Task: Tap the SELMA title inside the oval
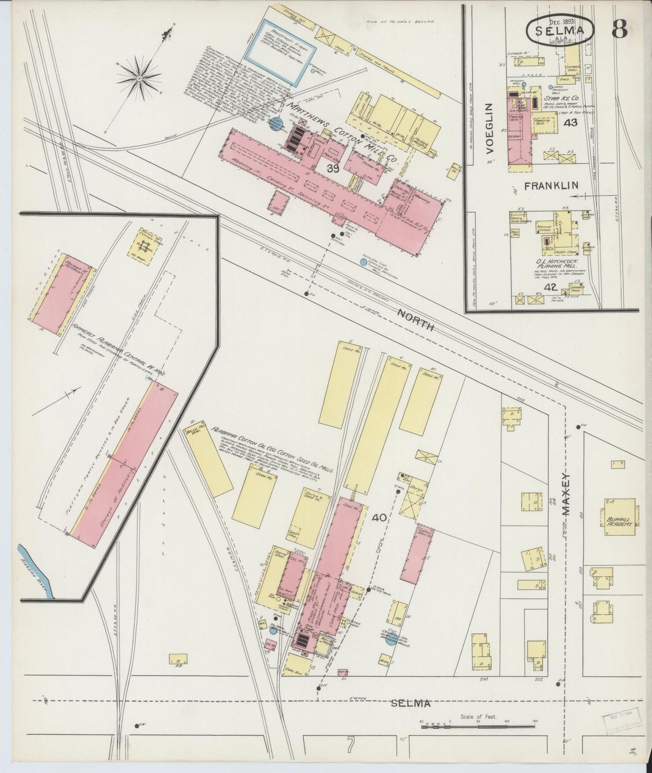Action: pyautogui.click(x=560, y=31)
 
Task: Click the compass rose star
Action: pyautogui.click(x=139, y=78)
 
